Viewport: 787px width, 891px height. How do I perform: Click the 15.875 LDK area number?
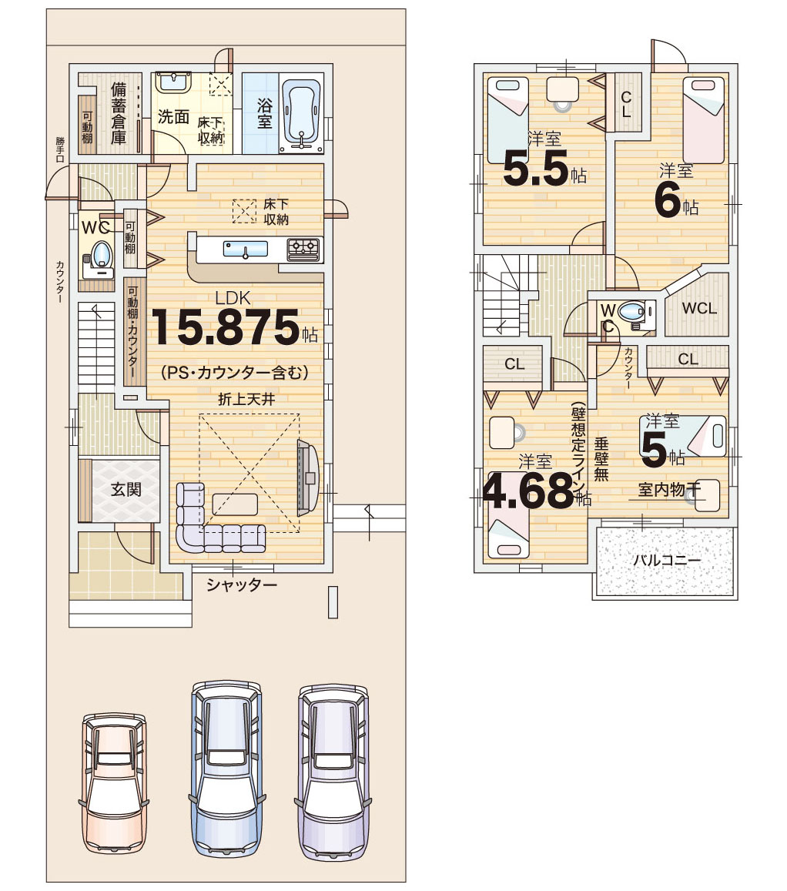coord(225,327)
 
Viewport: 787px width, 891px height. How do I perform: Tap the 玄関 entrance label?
coord(126,489)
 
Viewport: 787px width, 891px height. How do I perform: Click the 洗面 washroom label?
coord(173,116)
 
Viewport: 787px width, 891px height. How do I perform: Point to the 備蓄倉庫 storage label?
coord(118,113)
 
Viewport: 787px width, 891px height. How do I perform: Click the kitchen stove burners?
coord(304,249)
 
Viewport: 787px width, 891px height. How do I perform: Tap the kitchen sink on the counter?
coord(246,249)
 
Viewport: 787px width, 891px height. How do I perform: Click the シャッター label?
coord(242,585)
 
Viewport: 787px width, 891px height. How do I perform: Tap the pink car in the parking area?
coord(114,783)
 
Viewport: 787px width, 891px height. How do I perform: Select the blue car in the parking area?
coord(226,769)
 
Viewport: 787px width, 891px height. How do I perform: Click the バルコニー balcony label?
coord(667,560)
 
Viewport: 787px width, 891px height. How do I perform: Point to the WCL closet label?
coord(699,309)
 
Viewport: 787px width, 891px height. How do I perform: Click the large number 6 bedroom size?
coord(668,200)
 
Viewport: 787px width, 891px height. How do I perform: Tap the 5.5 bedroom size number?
coord(536,168)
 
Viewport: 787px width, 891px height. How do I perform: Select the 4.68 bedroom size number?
coord(528,491)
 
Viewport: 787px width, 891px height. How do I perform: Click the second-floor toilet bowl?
coord(631,311)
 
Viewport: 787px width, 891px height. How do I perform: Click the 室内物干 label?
coord(669,489)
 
